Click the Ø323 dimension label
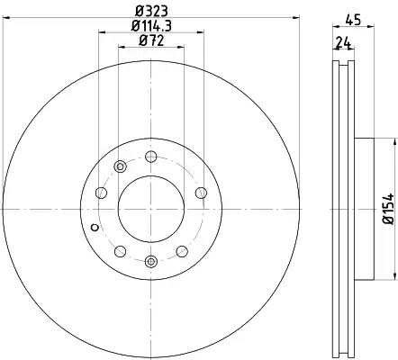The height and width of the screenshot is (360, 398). click(x=151, y=12)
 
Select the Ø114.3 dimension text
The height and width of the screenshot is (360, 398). click(x=151, y=26)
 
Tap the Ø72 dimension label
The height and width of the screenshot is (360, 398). click(x=151, y=40)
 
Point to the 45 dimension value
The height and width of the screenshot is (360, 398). click(x=353, y=20)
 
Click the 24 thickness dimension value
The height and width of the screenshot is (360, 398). click(x=343, y=43)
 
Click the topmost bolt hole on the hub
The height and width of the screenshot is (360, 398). click(x=151, y=157)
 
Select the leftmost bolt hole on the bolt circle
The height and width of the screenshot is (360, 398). click(x=101, y=193)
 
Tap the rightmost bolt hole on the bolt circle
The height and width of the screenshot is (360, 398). click(x=201, y=193)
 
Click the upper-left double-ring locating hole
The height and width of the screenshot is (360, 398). click(x=120, y=166)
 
